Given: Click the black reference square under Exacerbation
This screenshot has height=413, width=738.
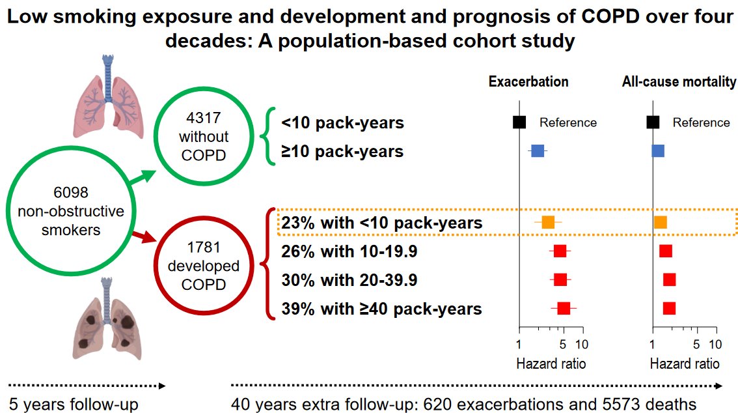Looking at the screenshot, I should [519, 122].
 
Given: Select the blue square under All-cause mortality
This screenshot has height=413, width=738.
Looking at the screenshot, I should [658, 151].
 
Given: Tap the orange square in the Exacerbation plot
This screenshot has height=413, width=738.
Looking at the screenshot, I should [548, 222].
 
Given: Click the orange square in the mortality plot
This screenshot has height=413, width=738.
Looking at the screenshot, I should [661, 222].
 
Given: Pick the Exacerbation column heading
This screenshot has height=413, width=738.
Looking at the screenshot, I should [528, 82].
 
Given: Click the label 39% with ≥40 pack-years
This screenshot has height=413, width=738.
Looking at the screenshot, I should [381, 309].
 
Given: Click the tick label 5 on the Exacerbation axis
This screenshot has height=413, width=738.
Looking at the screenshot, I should [564, 344].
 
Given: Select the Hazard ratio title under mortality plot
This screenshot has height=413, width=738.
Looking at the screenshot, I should [685, 363].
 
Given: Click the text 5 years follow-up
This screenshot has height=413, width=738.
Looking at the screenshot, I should [74, 404].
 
